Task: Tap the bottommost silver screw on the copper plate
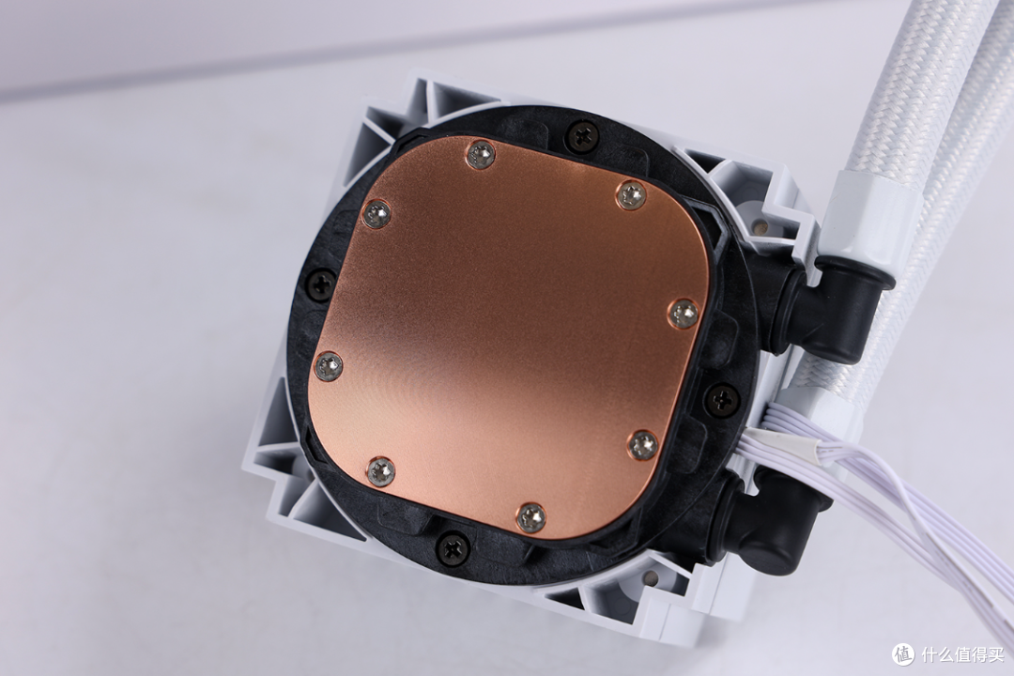(531, 517)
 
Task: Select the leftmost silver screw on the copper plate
(328, 367)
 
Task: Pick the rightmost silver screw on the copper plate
(684, 314)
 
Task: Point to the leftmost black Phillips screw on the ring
(320, 284)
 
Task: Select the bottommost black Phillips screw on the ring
(452, 546)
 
